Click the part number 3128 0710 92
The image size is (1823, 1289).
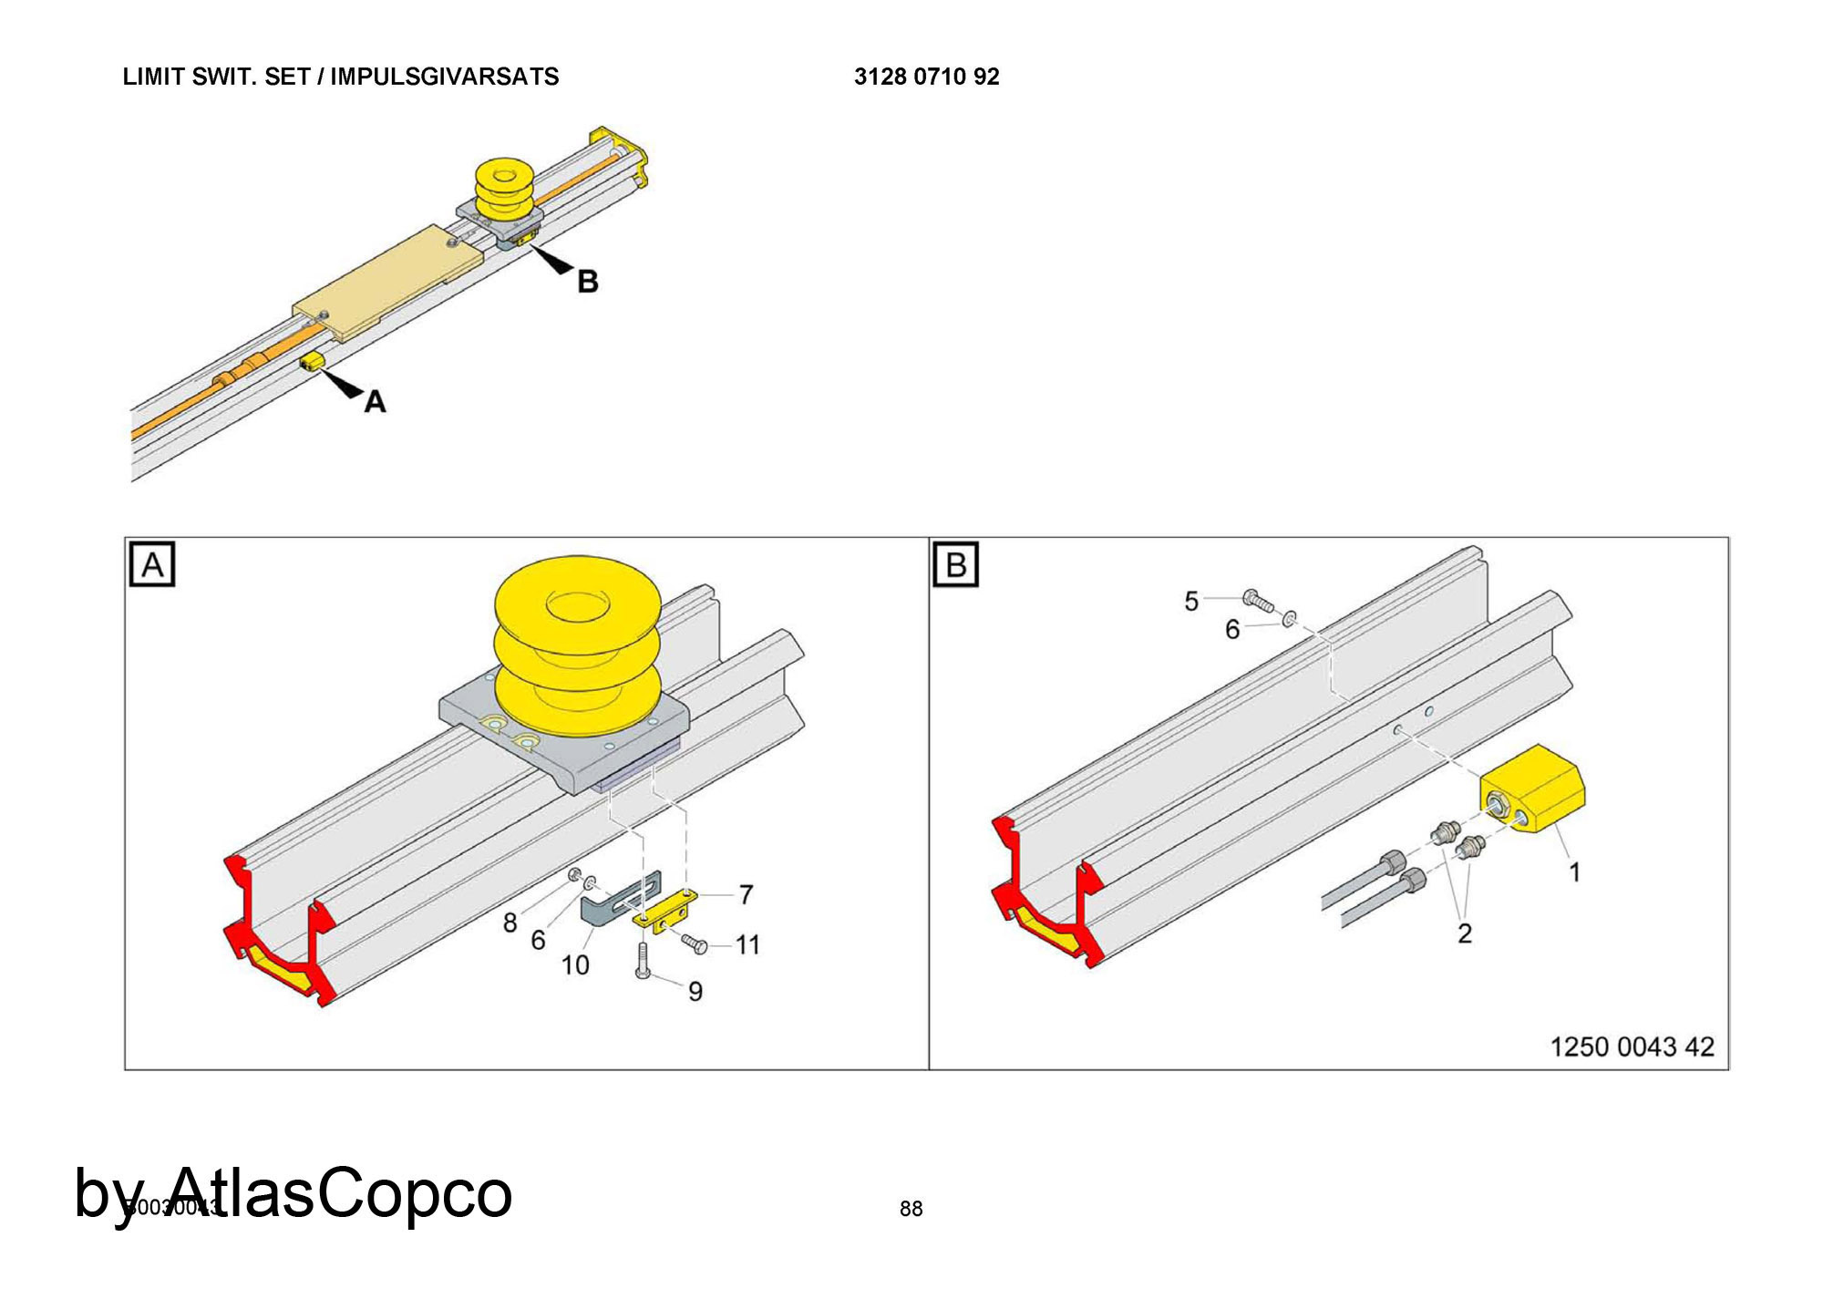[926, 77]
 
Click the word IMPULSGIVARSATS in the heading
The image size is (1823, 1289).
[444, 77]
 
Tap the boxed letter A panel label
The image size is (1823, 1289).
[152, 565]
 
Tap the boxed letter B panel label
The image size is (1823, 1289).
[955, 565]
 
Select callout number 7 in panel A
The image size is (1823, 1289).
[746, 895]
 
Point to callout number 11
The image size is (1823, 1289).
[747, 945]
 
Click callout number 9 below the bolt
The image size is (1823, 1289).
[695, 992]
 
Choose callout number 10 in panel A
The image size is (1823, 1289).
[575, 965]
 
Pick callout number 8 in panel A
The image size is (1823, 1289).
[510, 923]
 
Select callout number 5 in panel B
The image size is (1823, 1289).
[1191, 602]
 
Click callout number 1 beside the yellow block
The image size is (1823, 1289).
[1574, 872]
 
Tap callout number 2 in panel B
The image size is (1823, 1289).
[1465, 933]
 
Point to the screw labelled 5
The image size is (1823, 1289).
[1259, 601]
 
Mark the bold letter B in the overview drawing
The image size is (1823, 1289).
[588, 282]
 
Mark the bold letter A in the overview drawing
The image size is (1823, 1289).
[375, 402]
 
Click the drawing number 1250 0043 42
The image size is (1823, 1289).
[1632, 1047]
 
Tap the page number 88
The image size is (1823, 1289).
[911, 1209]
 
